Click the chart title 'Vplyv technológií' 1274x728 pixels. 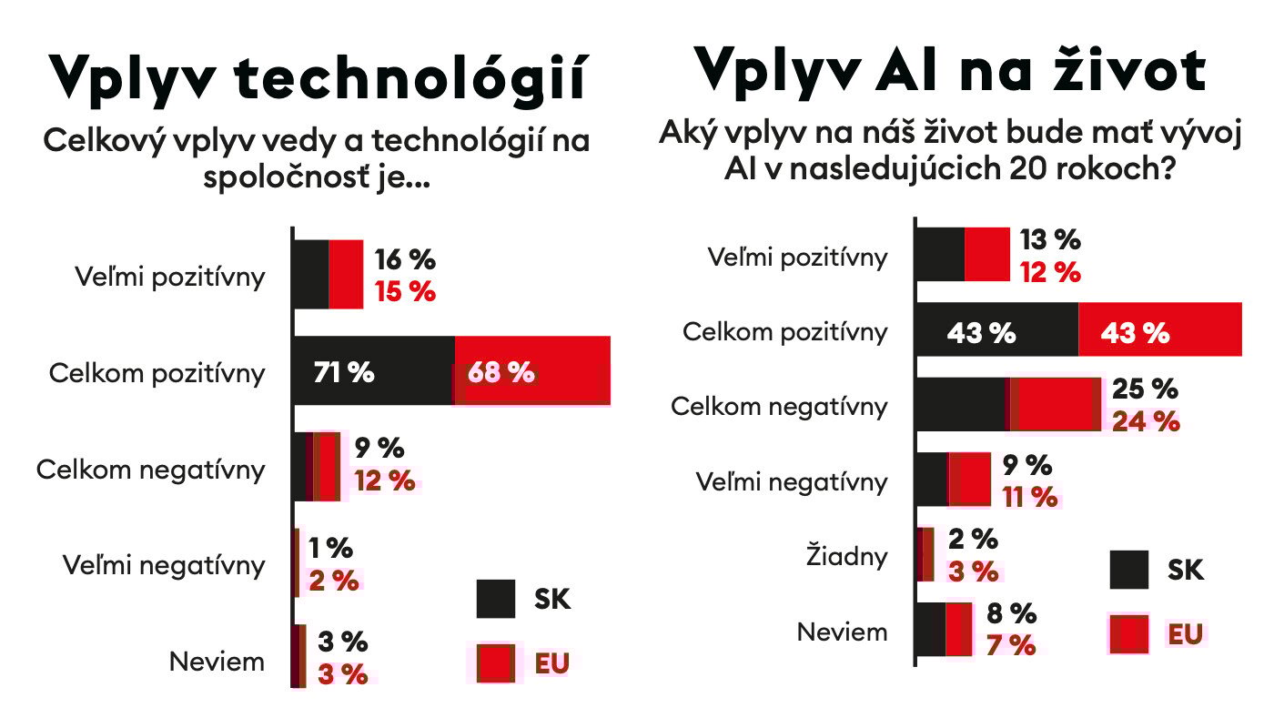click(318, 77)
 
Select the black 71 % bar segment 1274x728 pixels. click(372, 371)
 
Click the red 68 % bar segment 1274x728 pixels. click(531, 371)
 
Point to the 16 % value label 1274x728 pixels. click(405, 259)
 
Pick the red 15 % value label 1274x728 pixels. click(405, 292)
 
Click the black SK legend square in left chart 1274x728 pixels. click(496, 599)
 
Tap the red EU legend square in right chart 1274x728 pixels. click(1130, 633)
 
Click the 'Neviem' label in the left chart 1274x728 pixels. click(217, 662)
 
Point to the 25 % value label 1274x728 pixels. click(1145, 389)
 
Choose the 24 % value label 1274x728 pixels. click(1146, 420)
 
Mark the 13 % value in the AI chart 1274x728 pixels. click(1050, 240)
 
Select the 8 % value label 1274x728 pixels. click(1011, 612)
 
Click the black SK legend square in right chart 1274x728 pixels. click(1130, 570)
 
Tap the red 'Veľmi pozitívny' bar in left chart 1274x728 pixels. click(346, 275)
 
